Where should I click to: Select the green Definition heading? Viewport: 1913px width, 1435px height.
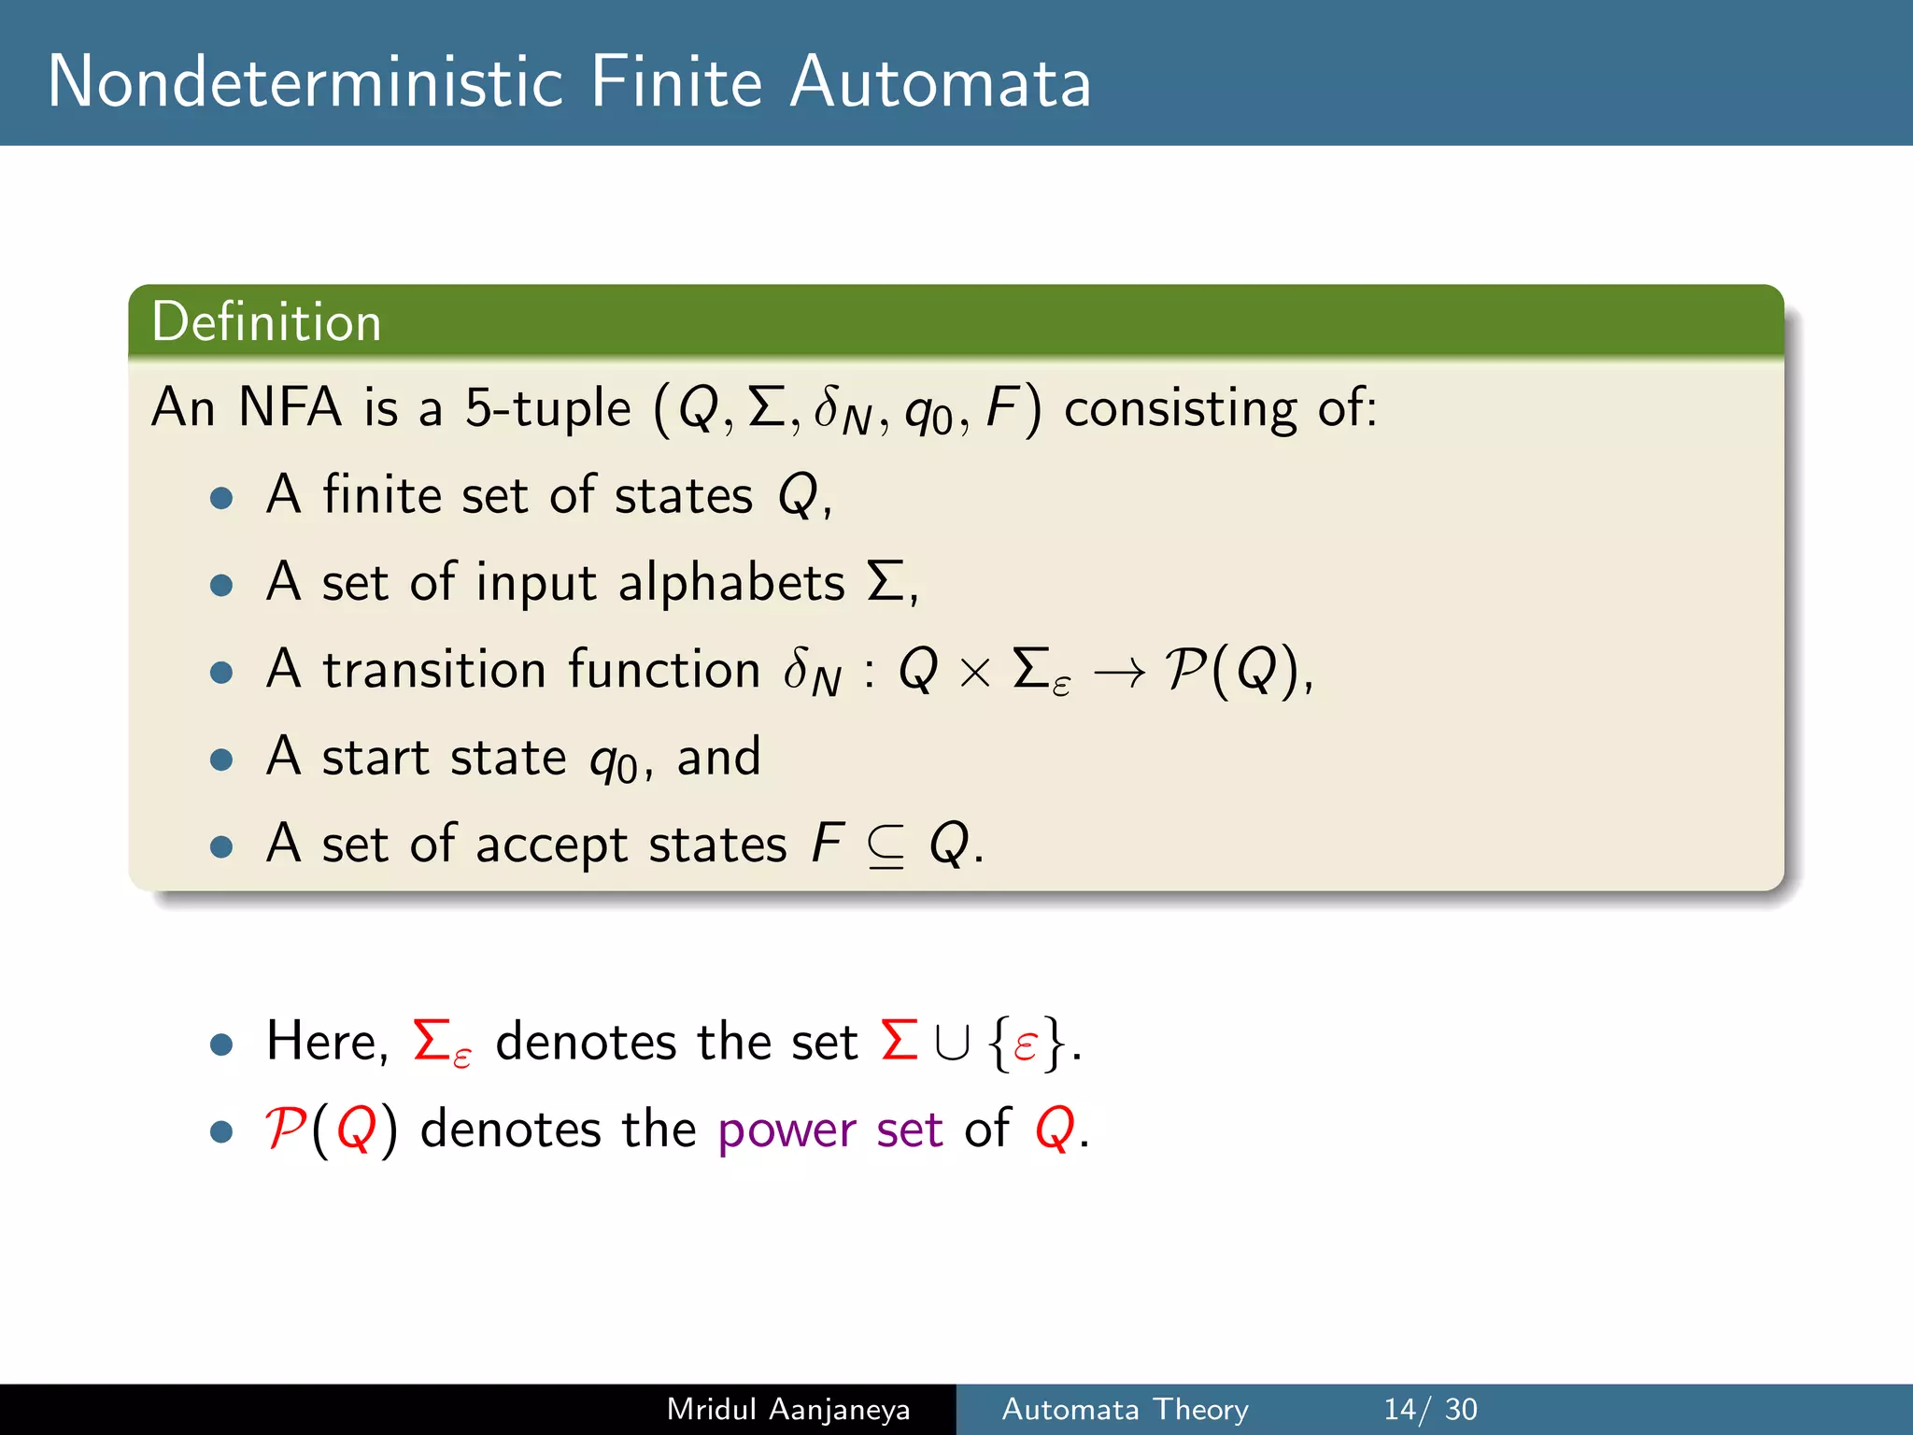266,322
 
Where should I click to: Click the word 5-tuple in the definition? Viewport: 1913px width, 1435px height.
548,409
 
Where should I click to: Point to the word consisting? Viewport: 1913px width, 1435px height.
1181,409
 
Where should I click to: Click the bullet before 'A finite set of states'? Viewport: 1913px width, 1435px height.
221,497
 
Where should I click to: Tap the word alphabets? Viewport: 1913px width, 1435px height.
731,583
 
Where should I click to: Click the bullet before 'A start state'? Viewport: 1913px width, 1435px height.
221,759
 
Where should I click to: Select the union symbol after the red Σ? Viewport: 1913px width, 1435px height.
952,1044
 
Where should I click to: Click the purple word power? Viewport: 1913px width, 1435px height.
786,1130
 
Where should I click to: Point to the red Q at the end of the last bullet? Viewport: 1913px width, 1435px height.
1055,1130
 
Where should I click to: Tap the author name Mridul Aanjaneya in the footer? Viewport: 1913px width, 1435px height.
788,1409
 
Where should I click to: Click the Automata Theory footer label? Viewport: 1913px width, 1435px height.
1125,1409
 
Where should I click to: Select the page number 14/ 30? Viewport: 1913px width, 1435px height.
1430,1409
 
